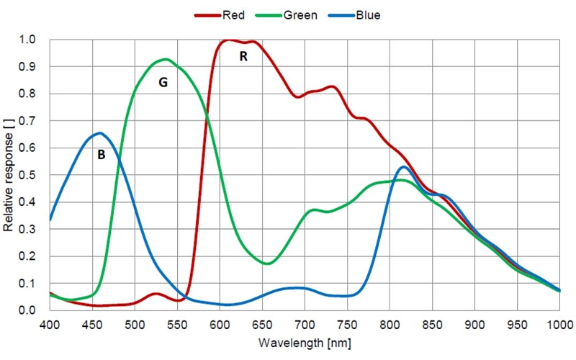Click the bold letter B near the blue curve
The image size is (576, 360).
click(102, 154)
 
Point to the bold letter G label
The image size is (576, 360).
click(163, 83)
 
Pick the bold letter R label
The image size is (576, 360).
click(243, 56)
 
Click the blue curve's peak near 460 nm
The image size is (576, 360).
click(100, 133)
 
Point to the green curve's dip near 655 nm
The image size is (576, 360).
click(267, 264)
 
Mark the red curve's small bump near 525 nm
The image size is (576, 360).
click(156, 294)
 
